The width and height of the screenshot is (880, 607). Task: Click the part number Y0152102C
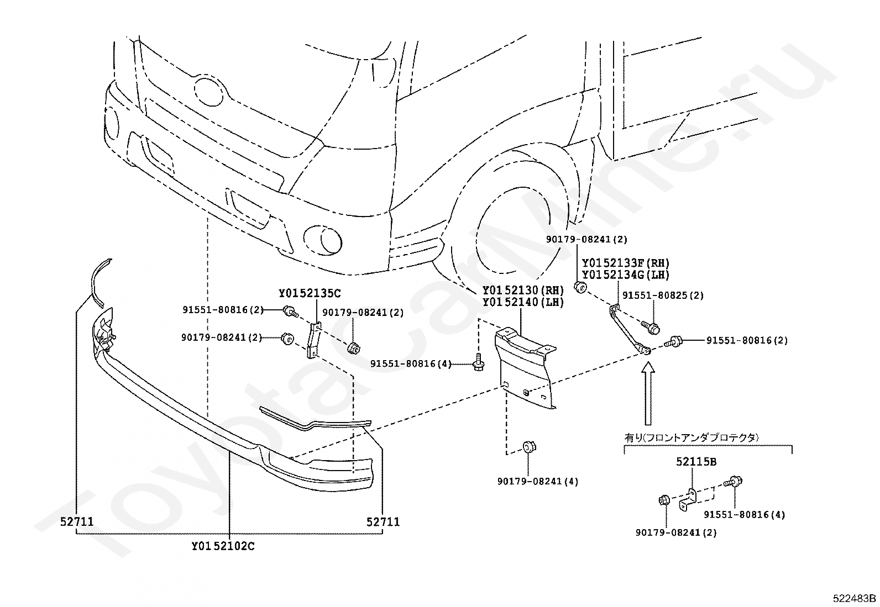pyautogui.click(x=223, y=546)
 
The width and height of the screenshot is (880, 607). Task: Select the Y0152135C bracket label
pyautogui.click(x=310, y=293)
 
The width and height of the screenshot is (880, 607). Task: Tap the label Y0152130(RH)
pyautogui.click(x=523, y=291)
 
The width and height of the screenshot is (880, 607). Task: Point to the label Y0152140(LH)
pyautogui.click(x=523, y=302)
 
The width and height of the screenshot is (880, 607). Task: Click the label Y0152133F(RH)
pyautogui.click(x=625, y=263)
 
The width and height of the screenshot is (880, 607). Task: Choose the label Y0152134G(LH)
pyautogui.click(x=625, y=275)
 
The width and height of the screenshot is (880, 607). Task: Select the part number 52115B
pyautogui.click(x=696, y=462)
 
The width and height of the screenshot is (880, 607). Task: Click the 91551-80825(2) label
pyautogui.click(x=663, y=295)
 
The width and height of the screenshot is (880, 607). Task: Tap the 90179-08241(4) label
pyautogui.click(x=538, y=482)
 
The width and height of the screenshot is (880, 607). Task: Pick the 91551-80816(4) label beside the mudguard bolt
pyautogui.click(x=411, y=364)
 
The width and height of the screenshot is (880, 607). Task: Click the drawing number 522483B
pyautogui.click(x=855, y=599)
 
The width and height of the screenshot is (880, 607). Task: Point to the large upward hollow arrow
pyautogui.click(x=648, y=393)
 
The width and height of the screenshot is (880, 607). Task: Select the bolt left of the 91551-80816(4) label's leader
pyautogui.click(x=479, y=362)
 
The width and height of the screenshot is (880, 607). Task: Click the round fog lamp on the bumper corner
pyautogui.click(x=322, y=239)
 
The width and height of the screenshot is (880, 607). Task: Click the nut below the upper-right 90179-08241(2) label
pyautogui.click(x=580, y=287)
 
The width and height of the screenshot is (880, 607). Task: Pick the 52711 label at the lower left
pyautogui.click(x=77, y=522)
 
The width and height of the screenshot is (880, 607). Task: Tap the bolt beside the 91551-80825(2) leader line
pyautogui.click(x=650, y=327)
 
